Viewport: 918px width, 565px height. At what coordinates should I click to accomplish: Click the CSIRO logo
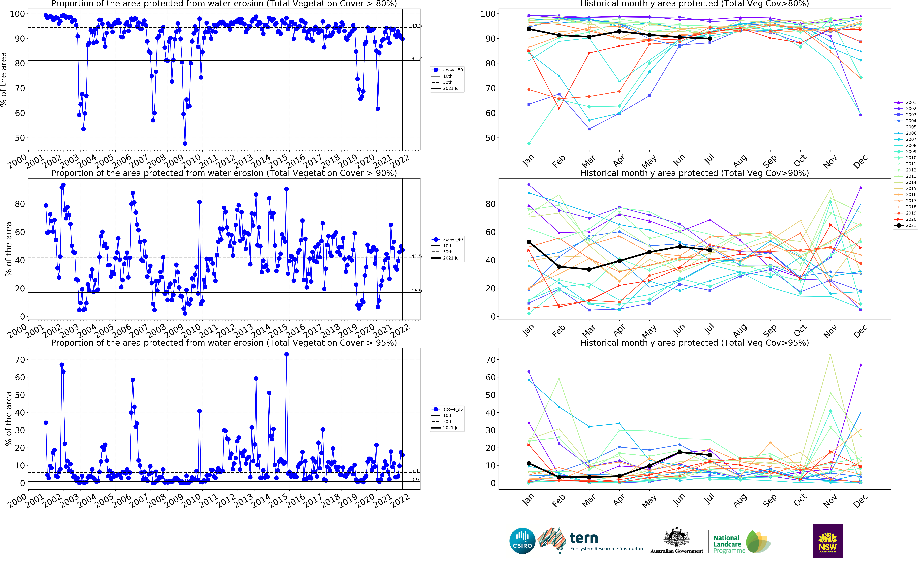(x=522, y=541)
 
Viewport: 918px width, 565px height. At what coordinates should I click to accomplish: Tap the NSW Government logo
(x=828, y=541)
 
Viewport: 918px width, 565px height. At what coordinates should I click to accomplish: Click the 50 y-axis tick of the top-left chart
(x=20, y=138)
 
